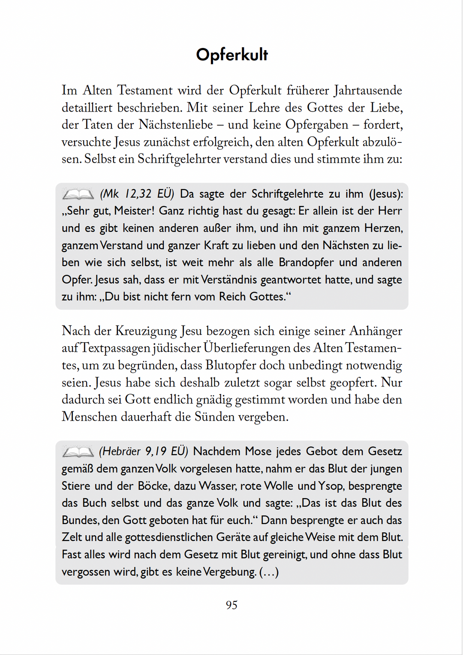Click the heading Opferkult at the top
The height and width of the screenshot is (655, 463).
click(x=232, y=55)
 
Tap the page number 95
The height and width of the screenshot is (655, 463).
click(x=231, y=605)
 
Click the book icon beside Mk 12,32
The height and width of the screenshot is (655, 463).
click(x=78, y=194)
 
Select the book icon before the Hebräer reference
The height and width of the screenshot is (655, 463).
click(x=78, y=452)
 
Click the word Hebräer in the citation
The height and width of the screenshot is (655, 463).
click(x=122, y=451)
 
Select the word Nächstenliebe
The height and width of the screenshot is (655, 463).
click(x=176, y=125)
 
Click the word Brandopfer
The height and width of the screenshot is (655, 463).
click(x=307, y=263)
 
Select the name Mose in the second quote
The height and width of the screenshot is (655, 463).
click(x=259, y=451)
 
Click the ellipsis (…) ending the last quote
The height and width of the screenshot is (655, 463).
click(x=269, y=572)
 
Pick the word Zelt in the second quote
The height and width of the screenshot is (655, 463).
click(x=72, y=537)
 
